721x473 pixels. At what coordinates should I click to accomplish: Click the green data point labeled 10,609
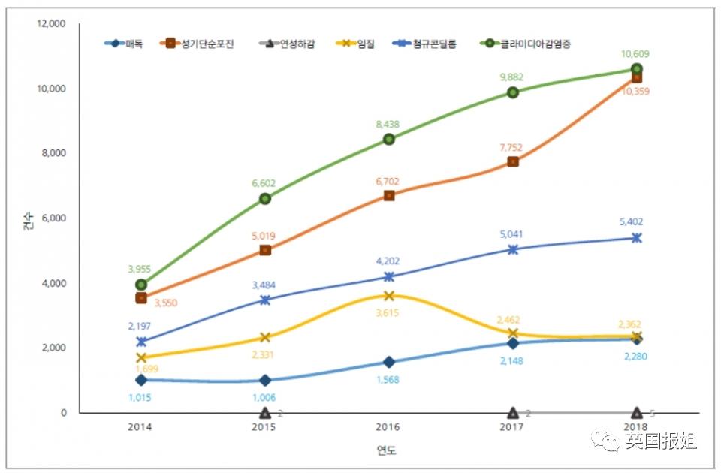click(637, 69)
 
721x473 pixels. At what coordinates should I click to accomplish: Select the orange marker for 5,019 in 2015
click(265, 250)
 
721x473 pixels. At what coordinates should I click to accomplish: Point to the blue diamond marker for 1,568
click(389, 363)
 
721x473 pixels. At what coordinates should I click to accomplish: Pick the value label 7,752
click(513, 148)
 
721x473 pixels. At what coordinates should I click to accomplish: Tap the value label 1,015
click(140, 396)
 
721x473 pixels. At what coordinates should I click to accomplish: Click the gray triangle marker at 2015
click(265, 412)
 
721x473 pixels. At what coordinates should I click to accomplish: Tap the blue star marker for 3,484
click(265, 300)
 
